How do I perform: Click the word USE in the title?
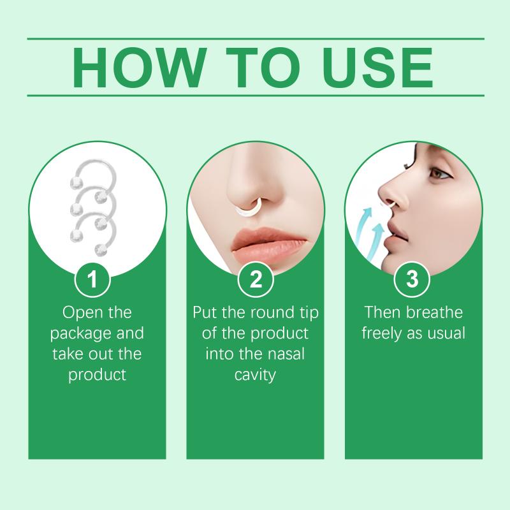(x=377, y=68)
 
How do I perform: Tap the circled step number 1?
(x=92, y=279)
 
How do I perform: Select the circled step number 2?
(x=256, y=279)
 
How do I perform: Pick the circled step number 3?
(x=412, y=279)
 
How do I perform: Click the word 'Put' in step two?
(x=205, y=312)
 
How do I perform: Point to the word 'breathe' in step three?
(x=435, y=312)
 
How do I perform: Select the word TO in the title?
(x=262, y=68)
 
